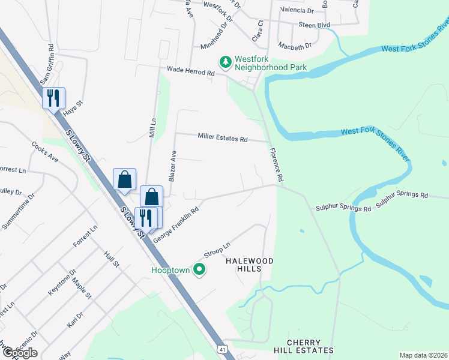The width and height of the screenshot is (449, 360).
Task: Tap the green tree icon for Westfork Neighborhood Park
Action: [226, 61]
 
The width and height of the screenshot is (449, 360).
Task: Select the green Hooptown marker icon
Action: [200, 270]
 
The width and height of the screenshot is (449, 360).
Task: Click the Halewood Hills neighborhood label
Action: [249, 265]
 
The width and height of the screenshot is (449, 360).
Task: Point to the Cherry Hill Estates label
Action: [310, 346]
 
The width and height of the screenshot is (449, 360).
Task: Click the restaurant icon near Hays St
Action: [53, 98]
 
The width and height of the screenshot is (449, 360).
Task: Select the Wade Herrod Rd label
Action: [191, 71]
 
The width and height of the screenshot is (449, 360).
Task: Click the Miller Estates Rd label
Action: [223, 138]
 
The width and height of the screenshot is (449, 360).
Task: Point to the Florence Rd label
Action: [276, 166]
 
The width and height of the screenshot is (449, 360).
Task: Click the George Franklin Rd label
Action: [176, 226]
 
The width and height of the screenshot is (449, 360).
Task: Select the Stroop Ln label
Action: [217, 250]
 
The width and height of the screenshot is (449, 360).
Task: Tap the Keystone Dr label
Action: [59, 283]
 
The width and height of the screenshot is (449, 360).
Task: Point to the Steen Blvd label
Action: [315, 25]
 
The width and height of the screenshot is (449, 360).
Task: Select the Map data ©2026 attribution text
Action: [423, 355]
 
